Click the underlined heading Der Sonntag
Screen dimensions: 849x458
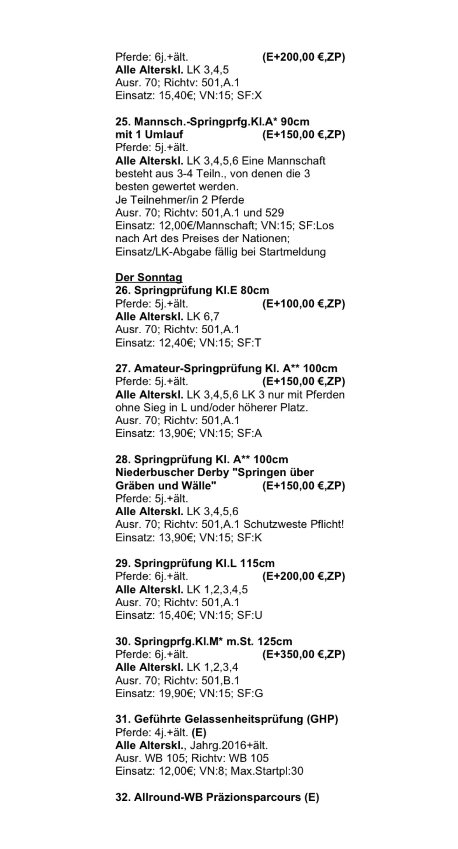[149, 277]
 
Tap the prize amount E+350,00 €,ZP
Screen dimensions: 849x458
[304, 654]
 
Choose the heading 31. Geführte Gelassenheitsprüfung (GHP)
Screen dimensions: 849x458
[226, 719]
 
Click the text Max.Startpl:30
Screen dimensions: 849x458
[267, 771]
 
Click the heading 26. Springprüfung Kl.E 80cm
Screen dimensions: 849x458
[192, 291]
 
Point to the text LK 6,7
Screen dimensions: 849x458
[203, 316]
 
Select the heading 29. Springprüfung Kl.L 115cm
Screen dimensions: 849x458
[195, 563]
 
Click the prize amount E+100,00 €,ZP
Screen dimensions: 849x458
[304, 303]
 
